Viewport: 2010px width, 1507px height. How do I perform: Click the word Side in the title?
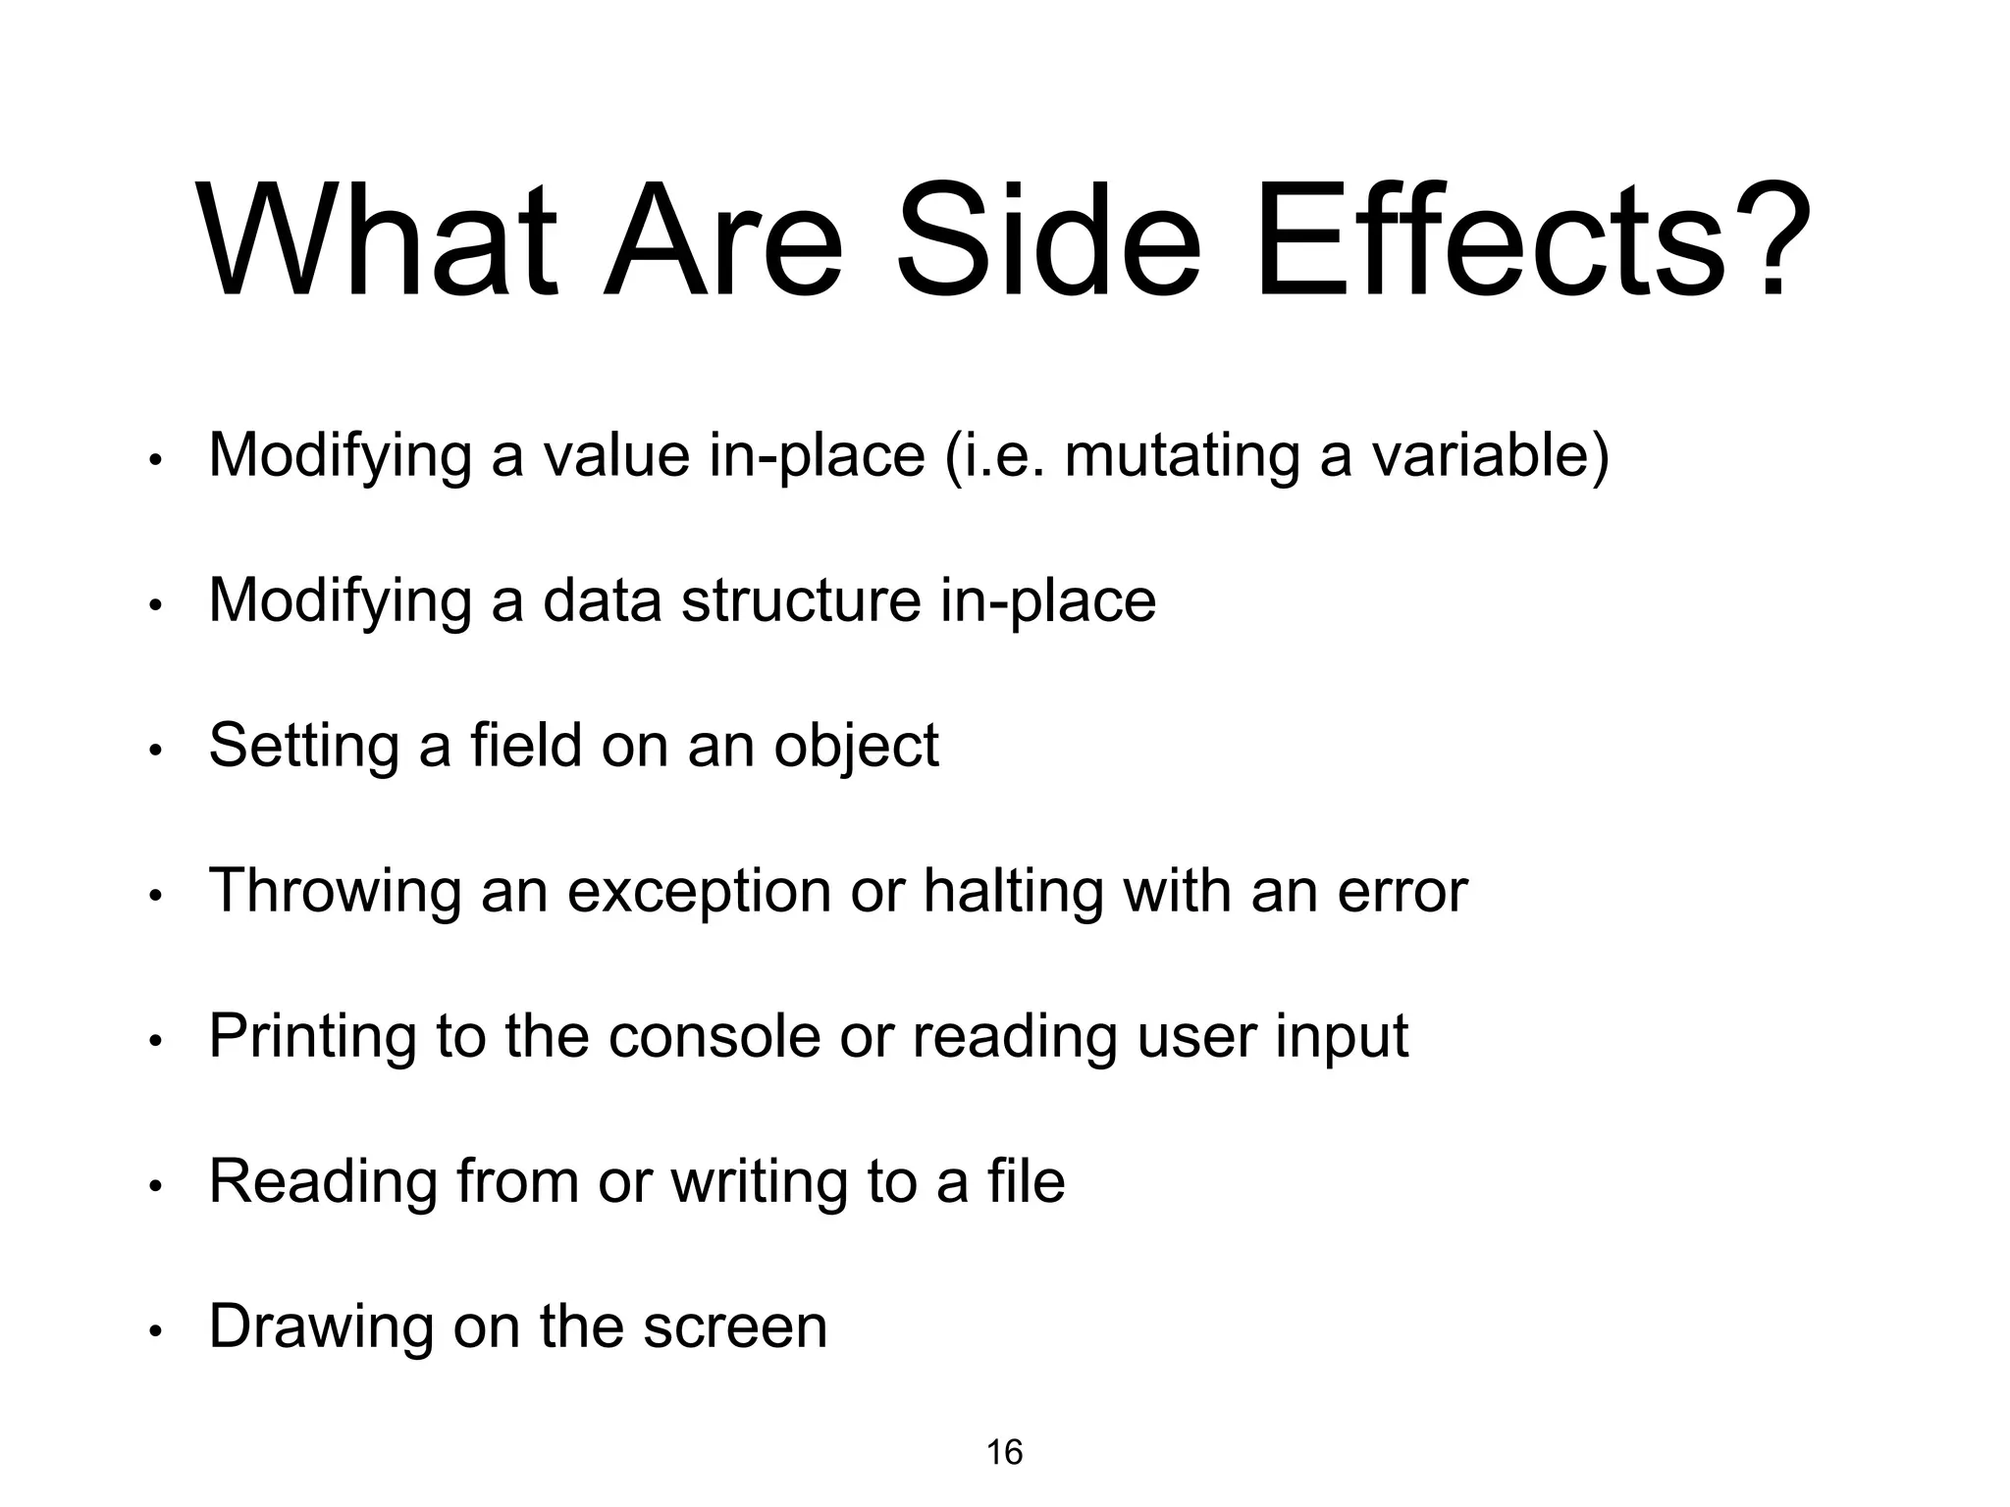pyautogui.click(x=1048, y=240)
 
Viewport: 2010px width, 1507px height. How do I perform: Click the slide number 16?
pyautogui.click(x=1004, y=1452)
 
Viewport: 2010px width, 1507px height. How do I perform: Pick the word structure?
pyautogui.click(x=801, y=600)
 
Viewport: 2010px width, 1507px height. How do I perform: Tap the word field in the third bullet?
pyautogui.click(x=526, y=745)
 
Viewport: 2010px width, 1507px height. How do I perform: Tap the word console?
pyautogui.click(x=714, y=1036)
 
